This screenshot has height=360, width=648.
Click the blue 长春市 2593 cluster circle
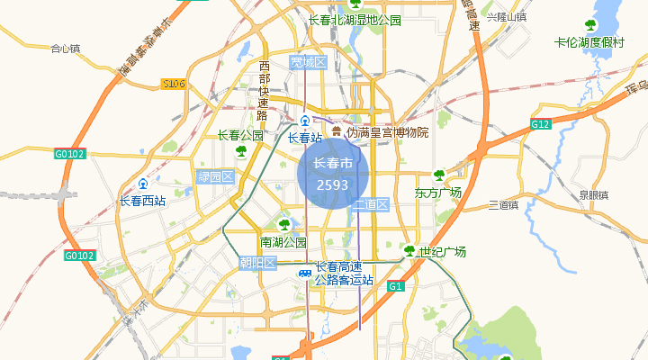pos(332,173)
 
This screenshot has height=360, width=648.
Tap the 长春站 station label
pos(305,138)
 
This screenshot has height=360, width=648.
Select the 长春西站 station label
pos(142,201)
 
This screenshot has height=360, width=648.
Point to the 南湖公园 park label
pos(283,242)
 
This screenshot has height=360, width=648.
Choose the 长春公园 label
pos(240,136)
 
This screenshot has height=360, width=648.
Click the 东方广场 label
pos(438,193)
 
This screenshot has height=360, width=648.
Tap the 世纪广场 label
pos(442,252)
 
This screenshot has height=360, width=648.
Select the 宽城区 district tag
pos(307,62)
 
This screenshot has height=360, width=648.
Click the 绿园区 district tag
pos(215,177)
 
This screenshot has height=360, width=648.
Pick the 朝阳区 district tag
pos(257,263)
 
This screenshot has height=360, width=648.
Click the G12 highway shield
pos(540,123)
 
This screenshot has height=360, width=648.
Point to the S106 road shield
pos(174,84)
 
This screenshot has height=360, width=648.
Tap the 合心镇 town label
pos(66,49)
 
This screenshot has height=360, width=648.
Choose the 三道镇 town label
pos(503,205)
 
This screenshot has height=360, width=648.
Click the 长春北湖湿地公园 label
pos(355,20)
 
